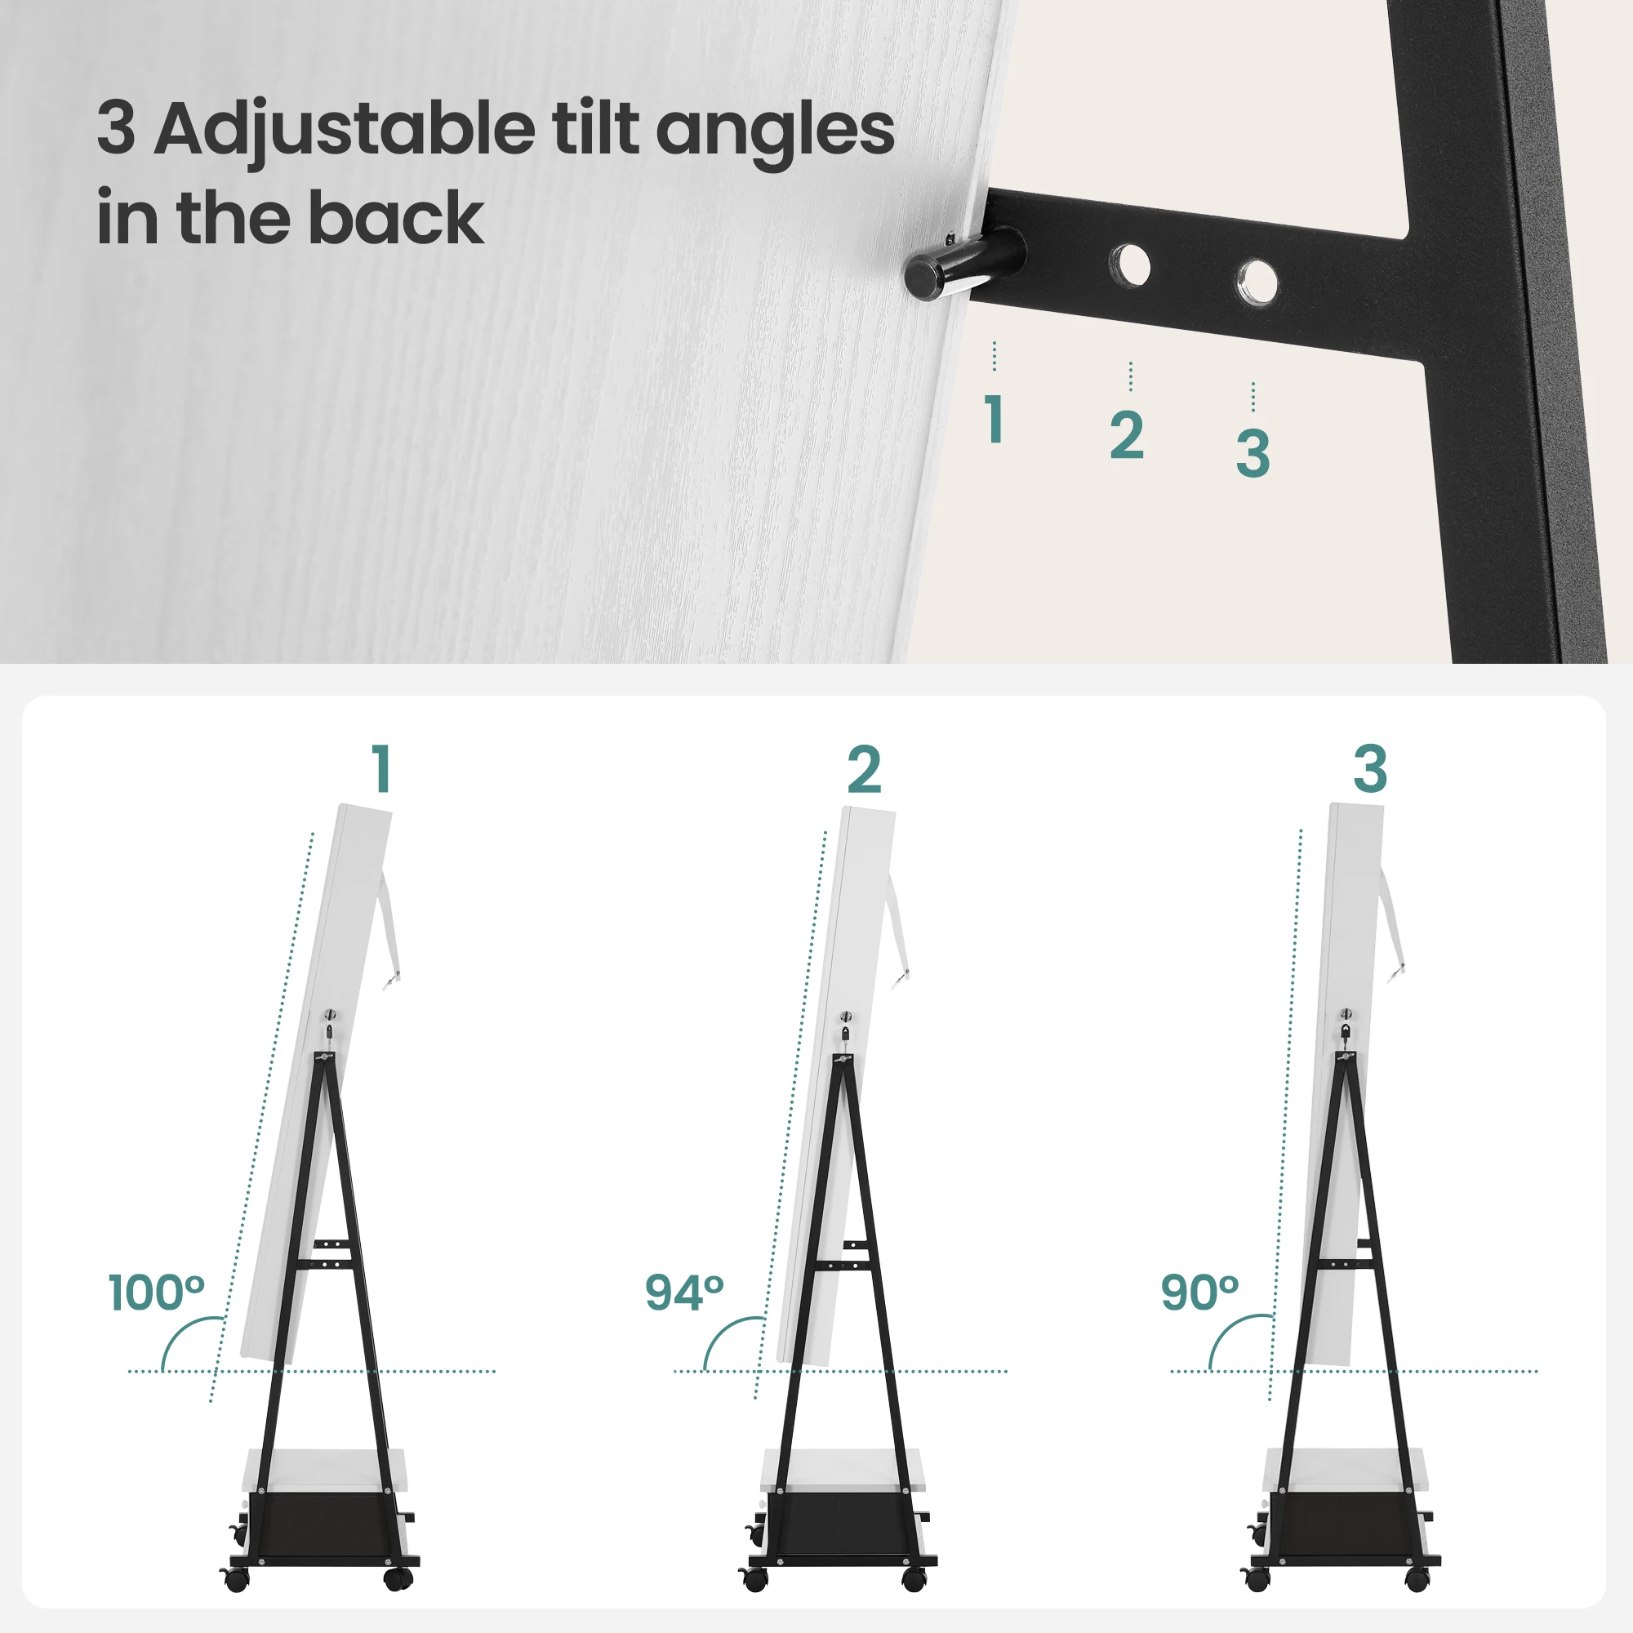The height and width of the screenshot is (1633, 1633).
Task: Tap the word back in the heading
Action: [x=397, y=218]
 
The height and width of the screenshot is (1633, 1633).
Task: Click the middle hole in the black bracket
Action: [x=1129, y=265]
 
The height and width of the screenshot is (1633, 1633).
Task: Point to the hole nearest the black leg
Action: [x=1255, y=282]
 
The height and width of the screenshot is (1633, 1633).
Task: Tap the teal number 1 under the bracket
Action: [x=994, y=419]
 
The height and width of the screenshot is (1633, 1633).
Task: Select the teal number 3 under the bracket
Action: [x=1253, y=453]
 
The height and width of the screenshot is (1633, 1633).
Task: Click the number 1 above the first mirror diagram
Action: [x=382, y=769]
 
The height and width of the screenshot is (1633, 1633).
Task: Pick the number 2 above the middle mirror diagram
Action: [x=864, y=769]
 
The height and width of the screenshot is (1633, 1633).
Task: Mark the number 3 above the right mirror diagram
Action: [x=1370, y=769]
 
